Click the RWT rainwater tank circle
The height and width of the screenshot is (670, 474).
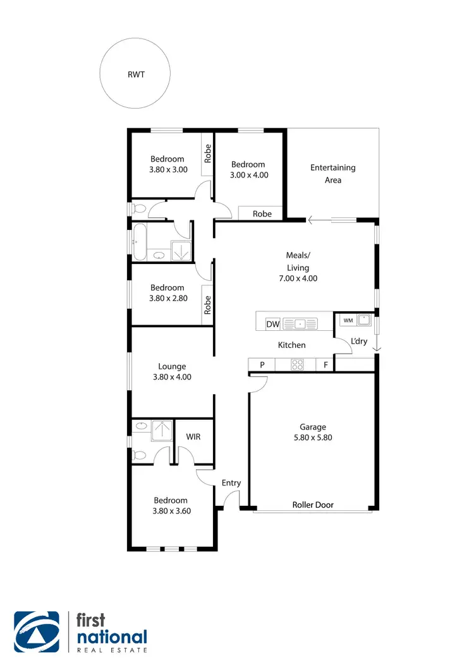(x=135, y=74)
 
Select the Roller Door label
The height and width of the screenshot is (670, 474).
(x=313, y=505)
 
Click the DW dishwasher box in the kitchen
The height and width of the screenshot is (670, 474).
(x=272, y=325)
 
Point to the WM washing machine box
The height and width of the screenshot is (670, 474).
(x=348, y=320)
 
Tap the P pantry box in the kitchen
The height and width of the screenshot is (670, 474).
(x=262, y=364)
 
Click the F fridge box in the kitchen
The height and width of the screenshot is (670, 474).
(x=325, y=364)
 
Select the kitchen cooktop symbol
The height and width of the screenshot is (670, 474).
(x=297, y=364)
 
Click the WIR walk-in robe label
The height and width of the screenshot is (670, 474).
(x=193, y=436)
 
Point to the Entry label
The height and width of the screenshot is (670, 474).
(x=231, y=483)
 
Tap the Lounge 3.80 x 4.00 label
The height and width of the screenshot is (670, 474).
(x=172, y=371)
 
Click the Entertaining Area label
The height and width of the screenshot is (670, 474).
(x=332, y=174)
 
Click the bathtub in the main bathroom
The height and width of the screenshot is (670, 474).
(x=138, y=241)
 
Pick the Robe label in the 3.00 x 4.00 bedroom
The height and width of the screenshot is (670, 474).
(x=262, y=213)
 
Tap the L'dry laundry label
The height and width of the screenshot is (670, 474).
(x=359, y=342)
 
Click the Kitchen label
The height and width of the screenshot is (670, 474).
(x=292, y=345)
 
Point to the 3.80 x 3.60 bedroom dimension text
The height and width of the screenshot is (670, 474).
(x=171, y=511)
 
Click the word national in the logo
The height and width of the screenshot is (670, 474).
(x=112, y=637)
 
